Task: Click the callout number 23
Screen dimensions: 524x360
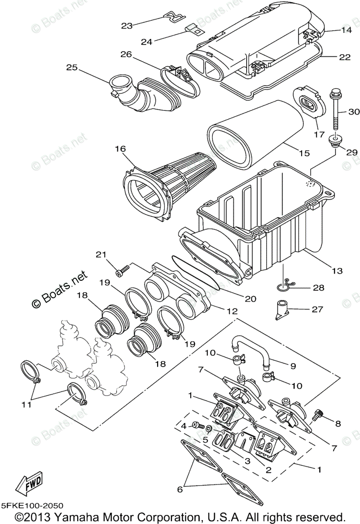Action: point(127,26)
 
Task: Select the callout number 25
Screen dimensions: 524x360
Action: point(72,67)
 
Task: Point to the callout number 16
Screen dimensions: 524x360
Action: point(120,149)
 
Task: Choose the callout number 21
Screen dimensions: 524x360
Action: point(101,255)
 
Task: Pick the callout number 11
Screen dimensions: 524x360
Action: point(27,405)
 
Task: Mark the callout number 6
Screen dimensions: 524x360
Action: point(180,490)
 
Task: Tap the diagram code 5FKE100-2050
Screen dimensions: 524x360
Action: point(32,505)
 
